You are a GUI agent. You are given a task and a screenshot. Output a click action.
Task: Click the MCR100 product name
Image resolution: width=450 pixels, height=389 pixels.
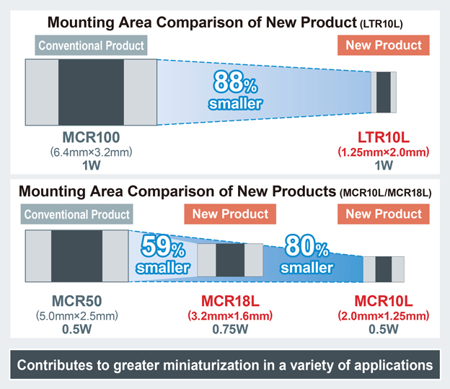pos(91,138)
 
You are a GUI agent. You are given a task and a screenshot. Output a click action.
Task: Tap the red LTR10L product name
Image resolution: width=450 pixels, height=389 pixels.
pos(383,138)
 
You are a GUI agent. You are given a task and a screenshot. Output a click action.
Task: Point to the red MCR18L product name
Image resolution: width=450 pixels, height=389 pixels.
pos(230,300)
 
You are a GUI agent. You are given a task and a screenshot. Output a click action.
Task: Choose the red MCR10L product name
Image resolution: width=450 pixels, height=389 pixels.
pos(383,300)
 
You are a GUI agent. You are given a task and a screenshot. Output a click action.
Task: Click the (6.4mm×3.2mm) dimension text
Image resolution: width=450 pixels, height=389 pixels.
pos(91,152)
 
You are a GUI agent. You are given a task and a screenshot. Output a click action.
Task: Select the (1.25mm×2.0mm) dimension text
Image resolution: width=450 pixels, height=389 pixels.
pos(383,152)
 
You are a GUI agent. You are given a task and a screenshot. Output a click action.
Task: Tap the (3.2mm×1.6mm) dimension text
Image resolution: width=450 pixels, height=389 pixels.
pos(230,315)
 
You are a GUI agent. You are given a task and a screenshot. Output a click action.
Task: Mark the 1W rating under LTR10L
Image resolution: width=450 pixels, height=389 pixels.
pos(383,166)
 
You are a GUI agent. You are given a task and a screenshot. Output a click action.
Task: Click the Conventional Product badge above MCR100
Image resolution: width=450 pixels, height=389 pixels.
pos(91,45)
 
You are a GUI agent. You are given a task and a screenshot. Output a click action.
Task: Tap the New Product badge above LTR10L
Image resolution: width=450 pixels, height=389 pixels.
pos(383,45)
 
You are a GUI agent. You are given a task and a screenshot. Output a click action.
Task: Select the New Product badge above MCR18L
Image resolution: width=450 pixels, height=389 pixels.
pos(230,214)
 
